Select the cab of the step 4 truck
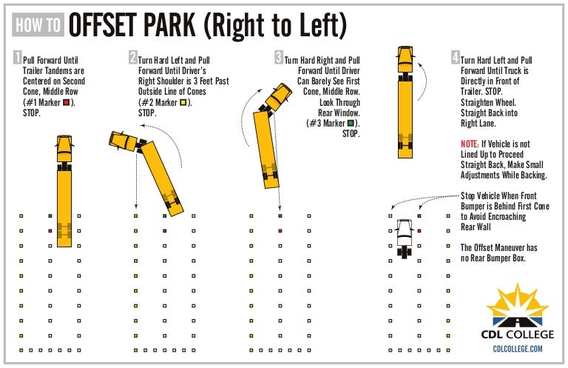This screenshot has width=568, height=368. (405, 56)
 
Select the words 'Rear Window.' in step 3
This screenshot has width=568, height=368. (338, 113)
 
